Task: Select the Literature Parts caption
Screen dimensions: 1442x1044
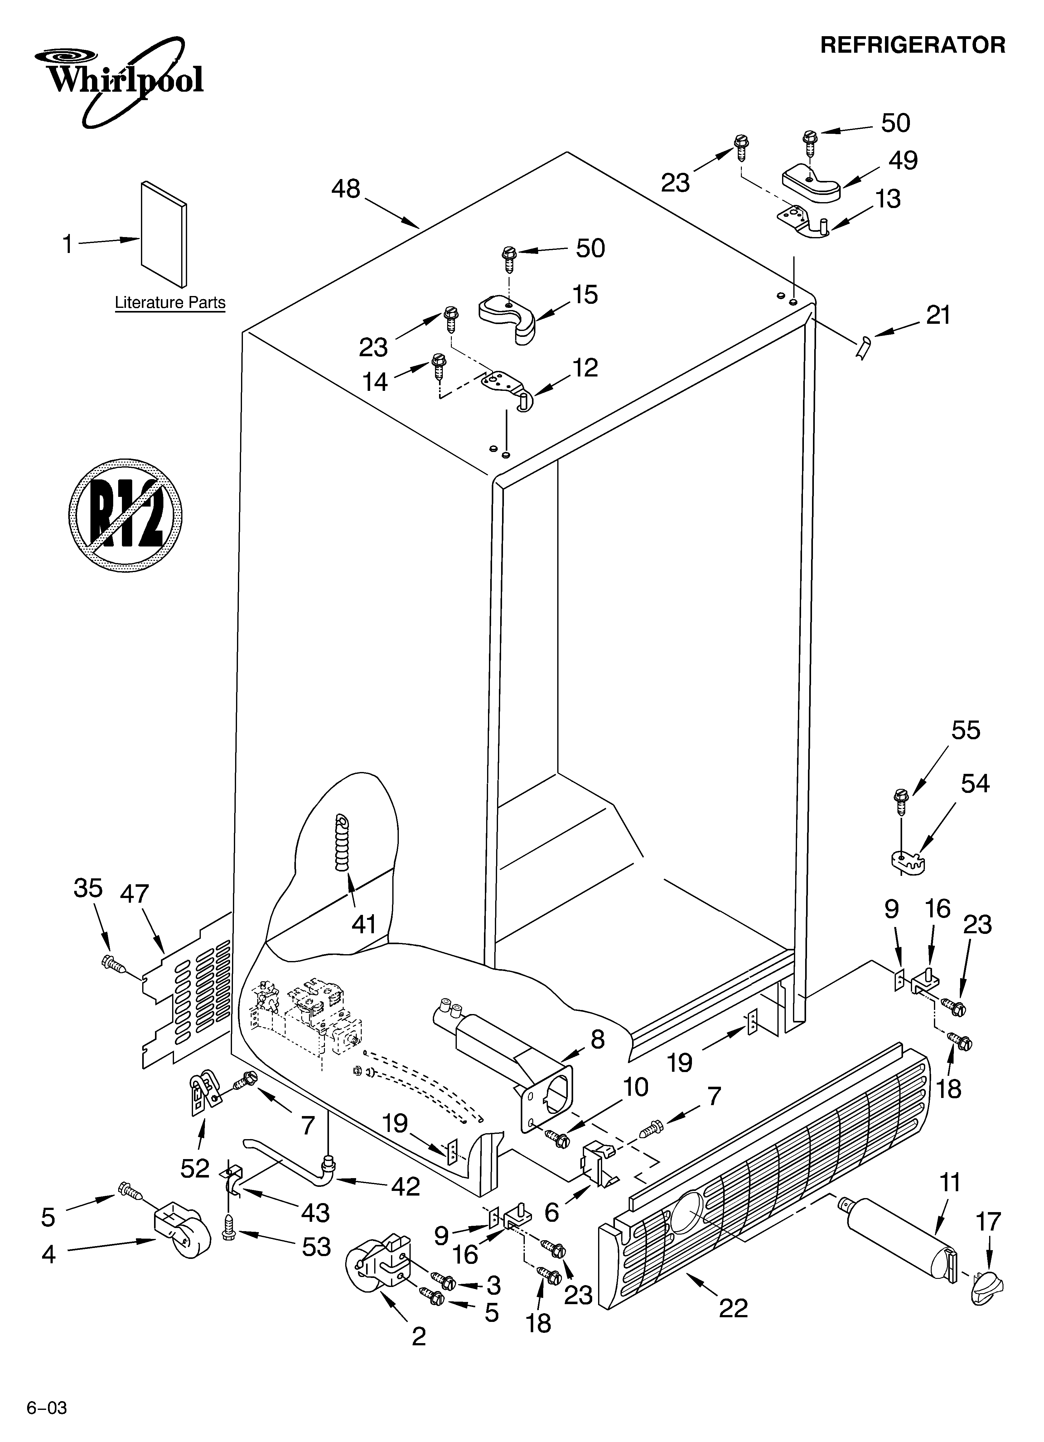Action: (170, 303)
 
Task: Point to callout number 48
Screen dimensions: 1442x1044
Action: (346, 189)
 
